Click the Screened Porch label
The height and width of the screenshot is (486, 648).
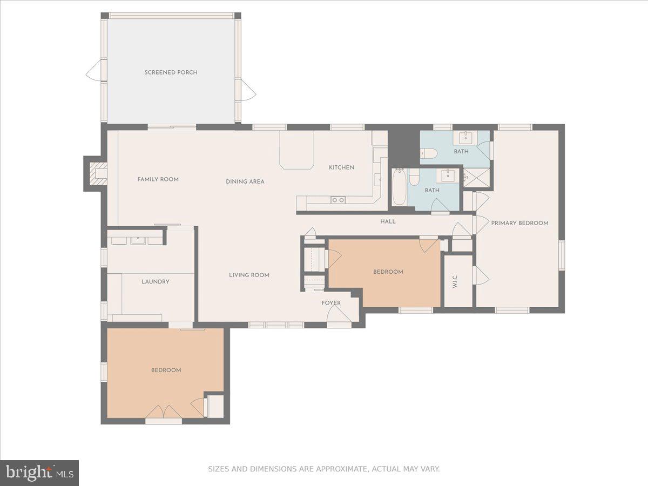click(x=171, y=72)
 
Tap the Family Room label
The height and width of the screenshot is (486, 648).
click(x=158, y=179)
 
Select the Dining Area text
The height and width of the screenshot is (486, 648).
click(x=245, y=181)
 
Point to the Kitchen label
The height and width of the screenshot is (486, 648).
click(x=342, y=167)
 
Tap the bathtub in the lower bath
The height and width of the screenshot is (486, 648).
click(x=399, y=187)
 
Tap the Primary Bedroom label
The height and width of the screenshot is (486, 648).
click(x=519, y=223)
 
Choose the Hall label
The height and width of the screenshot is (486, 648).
click(x=388, y=221)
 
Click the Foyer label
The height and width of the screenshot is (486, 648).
click(x=331, y=303)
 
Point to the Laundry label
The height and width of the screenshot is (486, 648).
click(x=156, y=282)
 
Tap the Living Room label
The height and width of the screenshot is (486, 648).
click(x=249, y=275)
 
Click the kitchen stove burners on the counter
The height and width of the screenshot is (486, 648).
click(x=338, y=200)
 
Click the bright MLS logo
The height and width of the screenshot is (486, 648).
click(x=39, y=473)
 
